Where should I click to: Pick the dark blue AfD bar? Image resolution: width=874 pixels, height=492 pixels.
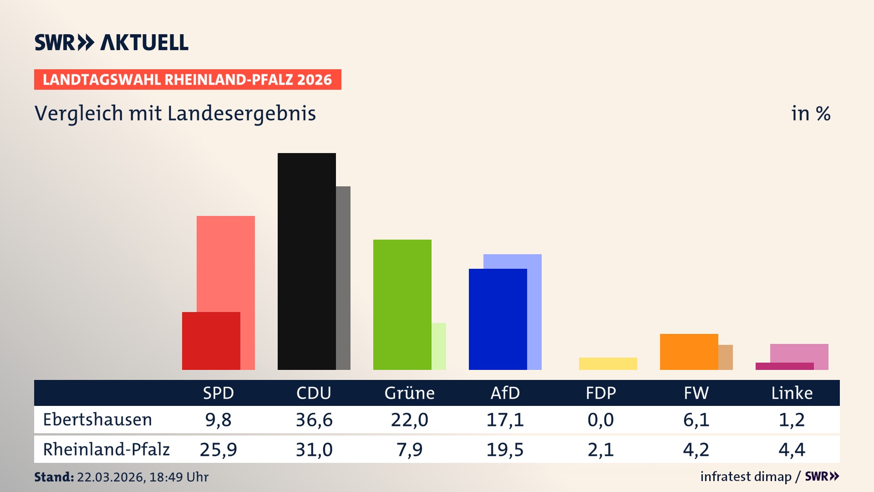(x=498, y=319)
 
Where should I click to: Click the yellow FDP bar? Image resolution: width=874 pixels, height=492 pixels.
(x=608, y=364)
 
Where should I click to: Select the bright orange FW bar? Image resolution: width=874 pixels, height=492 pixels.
(x=689, y=352)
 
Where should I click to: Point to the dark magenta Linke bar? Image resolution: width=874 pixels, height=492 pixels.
(x=784, y=366)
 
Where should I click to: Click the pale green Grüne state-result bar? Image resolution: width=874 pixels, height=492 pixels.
(x=439, y=346)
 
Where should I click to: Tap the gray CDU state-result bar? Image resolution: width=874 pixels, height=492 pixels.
(x=343, y=278)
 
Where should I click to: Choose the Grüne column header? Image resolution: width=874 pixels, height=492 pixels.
(x=409, y=393)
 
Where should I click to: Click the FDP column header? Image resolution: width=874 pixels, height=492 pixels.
(x=600, y=393)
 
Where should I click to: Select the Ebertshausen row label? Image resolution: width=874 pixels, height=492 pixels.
(x=97, y=420)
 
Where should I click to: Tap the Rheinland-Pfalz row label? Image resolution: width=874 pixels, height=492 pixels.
(x=106, y=450)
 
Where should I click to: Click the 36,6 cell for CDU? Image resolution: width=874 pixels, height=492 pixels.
(x=314, y=420)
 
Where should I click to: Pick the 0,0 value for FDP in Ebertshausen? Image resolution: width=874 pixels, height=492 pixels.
(x=600, y=420)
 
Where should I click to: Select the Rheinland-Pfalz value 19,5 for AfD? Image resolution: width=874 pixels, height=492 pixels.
(x=505, y=450)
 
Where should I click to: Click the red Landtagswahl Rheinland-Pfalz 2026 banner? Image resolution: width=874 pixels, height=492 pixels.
(x=188, y=80)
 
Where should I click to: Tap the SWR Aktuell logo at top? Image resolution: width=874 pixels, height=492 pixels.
(x=112, y=42)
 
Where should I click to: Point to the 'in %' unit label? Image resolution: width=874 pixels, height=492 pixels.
(x=810, y=114)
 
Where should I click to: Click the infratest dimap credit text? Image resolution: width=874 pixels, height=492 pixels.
(x=746, y=477)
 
